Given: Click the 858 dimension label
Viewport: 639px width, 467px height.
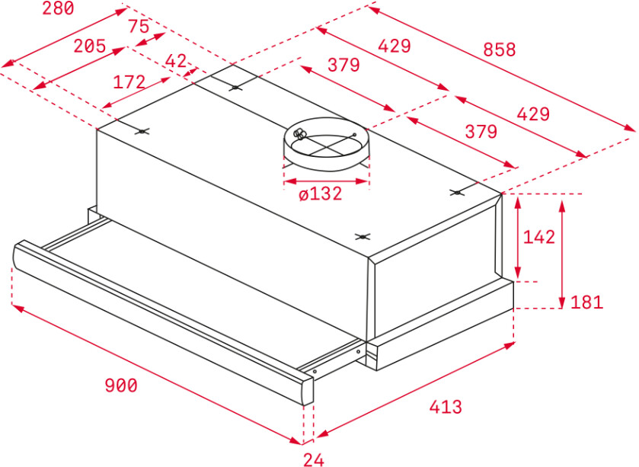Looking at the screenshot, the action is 499,50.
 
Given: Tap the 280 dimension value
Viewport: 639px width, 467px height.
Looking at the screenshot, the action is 59,8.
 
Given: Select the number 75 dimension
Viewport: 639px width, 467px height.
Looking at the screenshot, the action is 139,27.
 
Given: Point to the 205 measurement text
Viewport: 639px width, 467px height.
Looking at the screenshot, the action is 89,46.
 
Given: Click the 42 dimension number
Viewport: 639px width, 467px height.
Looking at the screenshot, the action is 176,61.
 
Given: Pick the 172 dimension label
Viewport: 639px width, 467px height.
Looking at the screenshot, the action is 129,82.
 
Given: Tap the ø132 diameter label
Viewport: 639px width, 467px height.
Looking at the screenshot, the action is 321,194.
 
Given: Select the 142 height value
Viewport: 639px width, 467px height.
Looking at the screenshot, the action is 538,237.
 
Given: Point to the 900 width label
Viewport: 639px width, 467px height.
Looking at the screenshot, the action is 121,385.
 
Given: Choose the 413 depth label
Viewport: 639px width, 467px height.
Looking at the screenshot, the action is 446,407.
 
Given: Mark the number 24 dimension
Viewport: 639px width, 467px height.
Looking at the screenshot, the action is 314,459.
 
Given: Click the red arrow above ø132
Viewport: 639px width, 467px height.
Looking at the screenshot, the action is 327,181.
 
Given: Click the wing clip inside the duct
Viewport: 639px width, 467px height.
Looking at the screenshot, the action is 300,133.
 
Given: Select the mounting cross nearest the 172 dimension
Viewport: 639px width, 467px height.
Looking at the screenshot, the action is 142,131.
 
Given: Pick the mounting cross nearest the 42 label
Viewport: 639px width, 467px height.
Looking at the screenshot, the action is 235,88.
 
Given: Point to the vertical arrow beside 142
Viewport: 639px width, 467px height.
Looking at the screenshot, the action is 518,238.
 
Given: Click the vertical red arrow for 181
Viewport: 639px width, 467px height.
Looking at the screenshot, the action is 562,254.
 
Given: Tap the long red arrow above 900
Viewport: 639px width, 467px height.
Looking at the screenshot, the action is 157,374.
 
